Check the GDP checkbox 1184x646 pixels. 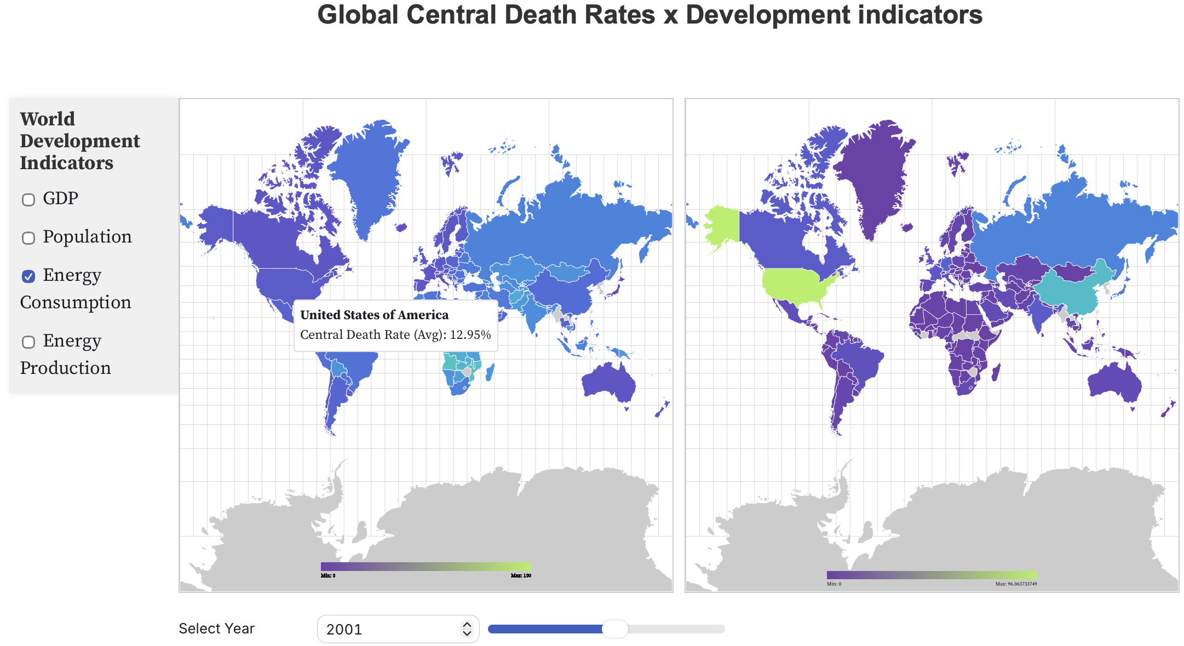tap(28, 200)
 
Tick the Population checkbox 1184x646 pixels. tap(28, 238)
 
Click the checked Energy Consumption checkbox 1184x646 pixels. tap(28, 276)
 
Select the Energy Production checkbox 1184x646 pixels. tap(28, 342)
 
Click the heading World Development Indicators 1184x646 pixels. tap(79, 141)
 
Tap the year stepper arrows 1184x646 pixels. tap(467, 628)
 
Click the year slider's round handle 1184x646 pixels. tap(615, 629)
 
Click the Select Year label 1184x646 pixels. tap(216, 628)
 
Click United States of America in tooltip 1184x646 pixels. tap(374, 315)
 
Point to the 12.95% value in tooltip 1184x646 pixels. tap(470, 334)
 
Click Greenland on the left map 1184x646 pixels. tap(364, 175)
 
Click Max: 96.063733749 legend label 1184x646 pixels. tap(1016, 584)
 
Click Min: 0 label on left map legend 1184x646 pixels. tap(327, 575)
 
